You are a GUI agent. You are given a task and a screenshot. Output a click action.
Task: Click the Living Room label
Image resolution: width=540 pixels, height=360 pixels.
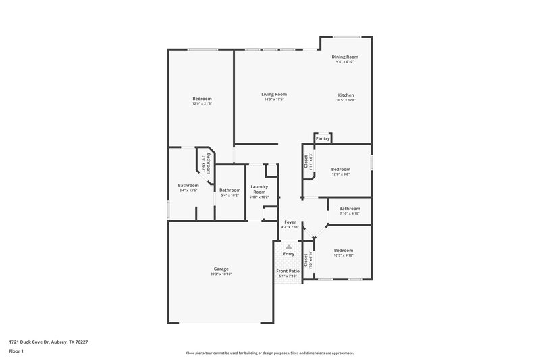click(275, 94)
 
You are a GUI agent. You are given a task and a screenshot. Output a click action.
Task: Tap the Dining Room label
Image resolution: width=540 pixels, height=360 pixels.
click(344, 57)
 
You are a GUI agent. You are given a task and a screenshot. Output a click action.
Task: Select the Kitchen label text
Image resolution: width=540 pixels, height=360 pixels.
click(346, 95)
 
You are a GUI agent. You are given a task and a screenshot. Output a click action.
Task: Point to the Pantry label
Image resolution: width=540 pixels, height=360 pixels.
click(323, 138)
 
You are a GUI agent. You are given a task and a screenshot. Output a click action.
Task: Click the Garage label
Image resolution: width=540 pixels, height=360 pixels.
click(221, 269)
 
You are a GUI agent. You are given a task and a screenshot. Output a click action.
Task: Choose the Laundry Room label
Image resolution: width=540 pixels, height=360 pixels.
click(259, 189)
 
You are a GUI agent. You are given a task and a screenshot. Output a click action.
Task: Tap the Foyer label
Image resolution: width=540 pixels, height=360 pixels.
click(290, 222)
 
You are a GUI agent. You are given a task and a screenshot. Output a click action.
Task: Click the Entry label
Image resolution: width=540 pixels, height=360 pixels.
click(289, 254)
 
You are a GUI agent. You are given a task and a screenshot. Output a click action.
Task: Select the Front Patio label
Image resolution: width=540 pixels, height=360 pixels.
click(288, 271)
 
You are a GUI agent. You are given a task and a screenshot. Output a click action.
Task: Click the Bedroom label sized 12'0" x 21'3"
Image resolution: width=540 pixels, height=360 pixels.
click(202, 99)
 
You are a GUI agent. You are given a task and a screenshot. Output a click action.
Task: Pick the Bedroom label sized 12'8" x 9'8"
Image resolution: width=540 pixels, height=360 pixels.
click(340, 170)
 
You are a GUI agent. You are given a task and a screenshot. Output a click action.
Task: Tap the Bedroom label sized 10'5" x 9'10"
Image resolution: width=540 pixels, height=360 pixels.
click(344, 251)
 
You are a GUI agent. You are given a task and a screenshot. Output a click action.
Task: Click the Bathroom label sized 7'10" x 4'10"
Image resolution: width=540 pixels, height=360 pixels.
click(350, 209)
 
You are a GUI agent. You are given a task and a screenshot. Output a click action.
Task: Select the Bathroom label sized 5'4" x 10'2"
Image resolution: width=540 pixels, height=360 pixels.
click(230, 190)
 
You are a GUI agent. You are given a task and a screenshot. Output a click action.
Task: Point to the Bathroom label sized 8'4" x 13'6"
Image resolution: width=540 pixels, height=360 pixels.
click(188, 186)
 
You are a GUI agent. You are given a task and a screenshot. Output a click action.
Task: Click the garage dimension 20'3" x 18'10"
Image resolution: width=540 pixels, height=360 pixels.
click(221, 274)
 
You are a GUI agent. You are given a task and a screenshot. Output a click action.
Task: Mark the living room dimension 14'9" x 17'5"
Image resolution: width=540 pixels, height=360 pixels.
click(275, 99)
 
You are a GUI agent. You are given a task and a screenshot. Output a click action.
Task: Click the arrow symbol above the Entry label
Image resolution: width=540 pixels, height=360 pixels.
click(289, 247)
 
